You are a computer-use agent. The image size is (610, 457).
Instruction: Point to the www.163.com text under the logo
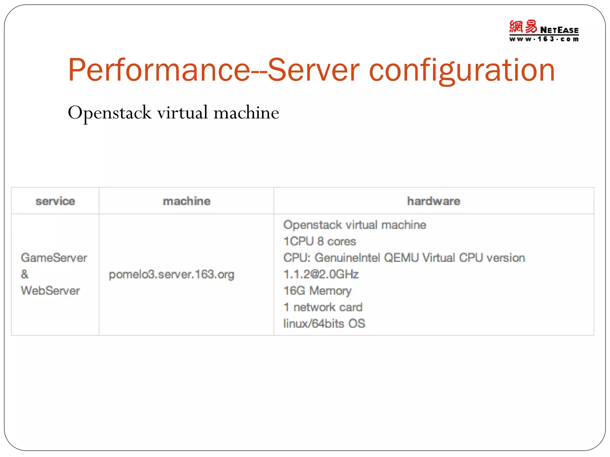point(544,39)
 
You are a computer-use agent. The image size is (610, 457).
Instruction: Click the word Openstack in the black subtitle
point(110,113)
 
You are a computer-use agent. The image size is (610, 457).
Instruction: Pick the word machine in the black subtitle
point(246,112)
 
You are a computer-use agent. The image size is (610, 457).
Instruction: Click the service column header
point(55,201)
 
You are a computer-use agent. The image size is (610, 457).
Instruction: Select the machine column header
point(186,201)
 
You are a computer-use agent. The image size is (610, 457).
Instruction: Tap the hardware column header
point(434,201)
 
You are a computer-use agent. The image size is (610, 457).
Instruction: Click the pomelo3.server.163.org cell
point(172,274)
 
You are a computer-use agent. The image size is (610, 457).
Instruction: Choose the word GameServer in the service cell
point(54,258)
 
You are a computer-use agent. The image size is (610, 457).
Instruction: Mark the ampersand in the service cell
point(25,274)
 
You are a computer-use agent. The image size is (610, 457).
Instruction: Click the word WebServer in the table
point(50,291)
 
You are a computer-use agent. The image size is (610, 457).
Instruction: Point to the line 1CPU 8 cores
point(320,241)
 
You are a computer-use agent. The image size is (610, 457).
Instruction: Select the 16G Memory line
point(318,291)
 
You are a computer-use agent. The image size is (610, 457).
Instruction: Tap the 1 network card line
point(323,307)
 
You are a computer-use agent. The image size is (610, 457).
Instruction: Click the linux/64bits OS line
point(324,323)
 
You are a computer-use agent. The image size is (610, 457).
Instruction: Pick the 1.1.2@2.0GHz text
point(321,274)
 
